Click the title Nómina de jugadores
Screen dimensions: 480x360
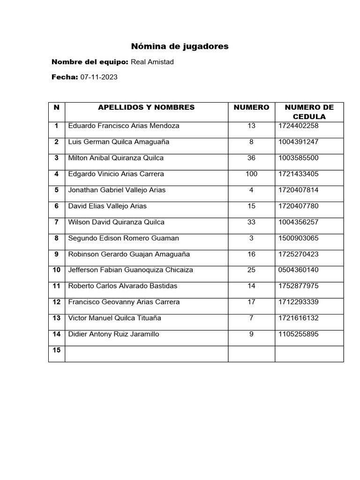[180, 46]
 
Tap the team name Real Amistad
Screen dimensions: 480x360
[152, 62]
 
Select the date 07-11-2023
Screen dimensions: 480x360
[99, 77]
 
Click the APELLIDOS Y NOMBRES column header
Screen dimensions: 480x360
[146, 107]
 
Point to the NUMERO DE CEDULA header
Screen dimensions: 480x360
[309, 112]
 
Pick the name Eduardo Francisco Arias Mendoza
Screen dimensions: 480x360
[124, 126]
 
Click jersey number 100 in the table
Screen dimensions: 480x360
[252, 174]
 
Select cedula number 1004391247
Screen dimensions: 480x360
[298, 142]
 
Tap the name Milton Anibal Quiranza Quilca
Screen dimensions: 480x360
[116, 158]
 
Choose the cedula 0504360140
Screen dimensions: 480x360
[298, 270]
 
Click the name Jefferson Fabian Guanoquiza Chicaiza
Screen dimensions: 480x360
[131, 270]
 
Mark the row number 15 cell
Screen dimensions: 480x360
[57, 350]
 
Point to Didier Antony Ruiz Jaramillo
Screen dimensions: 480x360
[114, 334]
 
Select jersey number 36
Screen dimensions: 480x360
[252, 158]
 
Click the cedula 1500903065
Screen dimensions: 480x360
[298, 238]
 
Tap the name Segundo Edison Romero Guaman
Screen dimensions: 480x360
[124, 238]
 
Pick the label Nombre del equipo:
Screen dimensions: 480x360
[90, 62]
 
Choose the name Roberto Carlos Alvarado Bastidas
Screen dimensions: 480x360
[123, 285]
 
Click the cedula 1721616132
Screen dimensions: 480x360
[298, 318]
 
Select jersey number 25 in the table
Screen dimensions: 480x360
[252, 270]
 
